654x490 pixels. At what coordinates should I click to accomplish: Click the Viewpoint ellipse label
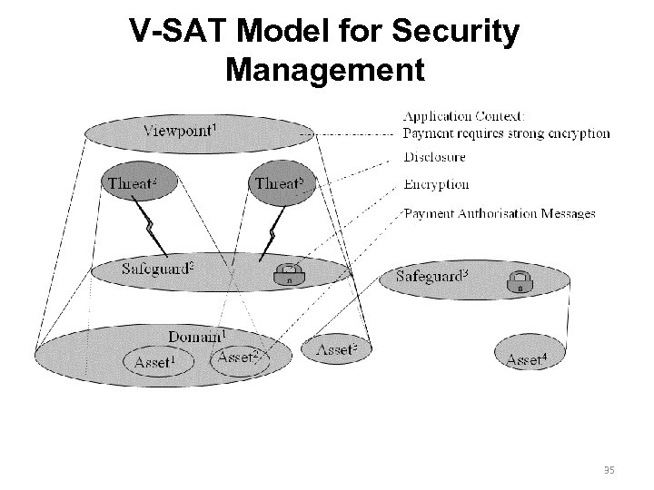click(x=180, y=129)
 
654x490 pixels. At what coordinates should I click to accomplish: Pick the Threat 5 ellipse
click(x=280, y=183)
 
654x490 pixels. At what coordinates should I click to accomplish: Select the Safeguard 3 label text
click(x=433, y=274)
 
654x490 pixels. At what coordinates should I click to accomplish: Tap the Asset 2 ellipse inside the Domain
click(x=239, y=358)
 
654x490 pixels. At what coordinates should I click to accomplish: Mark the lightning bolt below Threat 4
click(x=151, y=230)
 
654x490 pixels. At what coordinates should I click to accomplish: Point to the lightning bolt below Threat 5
click(x=270, y=233)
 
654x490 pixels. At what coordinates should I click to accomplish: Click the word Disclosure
click(x=434, y=157)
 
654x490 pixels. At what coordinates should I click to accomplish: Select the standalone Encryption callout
click(x=436, y=184)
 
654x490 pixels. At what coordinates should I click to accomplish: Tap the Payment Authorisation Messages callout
click(x=500, y=213)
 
